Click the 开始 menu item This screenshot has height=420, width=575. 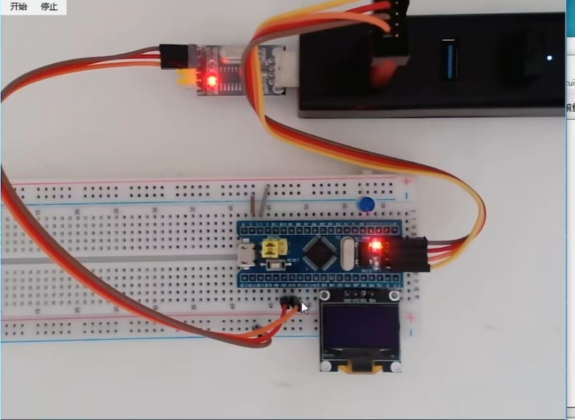[19, 7]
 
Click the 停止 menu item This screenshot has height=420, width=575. [49, 7]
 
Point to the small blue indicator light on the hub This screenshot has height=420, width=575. [549, 56]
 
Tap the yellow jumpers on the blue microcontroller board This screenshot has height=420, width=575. [273, 249]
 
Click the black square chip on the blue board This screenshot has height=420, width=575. [320, 252]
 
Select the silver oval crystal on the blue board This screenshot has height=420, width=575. [346, 252]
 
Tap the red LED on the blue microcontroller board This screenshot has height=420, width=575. [376, 246]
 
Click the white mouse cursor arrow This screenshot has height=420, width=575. [304, 307]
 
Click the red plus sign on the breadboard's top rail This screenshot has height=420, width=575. [407, 182]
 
